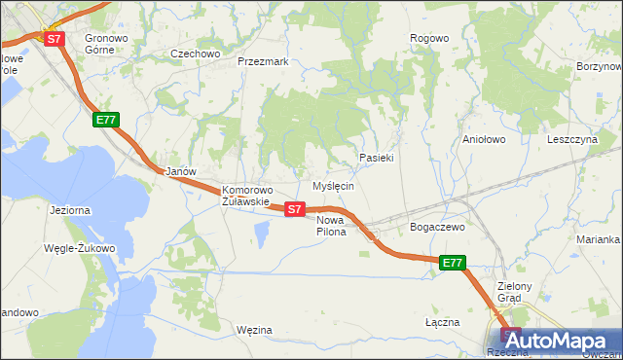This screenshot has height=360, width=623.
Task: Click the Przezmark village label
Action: (x=263, y=60)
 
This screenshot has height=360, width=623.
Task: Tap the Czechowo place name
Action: (x=195, y=54)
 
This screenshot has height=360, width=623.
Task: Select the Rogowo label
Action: (x=429, y=38)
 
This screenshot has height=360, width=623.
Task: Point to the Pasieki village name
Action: (x=376, y=157)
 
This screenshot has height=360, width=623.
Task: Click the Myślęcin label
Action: (x=332, y=185)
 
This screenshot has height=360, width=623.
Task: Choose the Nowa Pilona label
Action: (x=331, y=226)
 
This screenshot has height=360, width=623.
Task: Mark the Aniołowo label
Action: (x=485, y=139)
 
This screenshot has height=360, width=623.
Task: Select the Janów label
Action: (x=181, y=171)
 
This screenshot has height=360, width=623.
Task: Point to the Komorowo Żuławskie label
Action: (x=247, y=196)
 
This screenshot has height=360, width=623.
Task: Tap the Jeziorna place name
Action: (x=69, y=209)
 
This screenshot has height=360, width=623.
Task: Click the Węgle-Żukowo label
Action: (x=79, y=248)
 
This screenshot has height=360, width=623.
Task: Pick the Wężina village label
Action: (x=254, y=330)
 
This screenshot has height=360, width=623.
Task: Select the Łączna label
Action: (x=442, y=320)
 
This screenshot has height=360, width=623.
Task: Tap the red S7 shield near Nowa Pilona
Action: (x=296, y=208)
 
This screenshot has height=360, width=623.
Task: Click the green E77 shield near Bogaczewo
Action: (x=453, y=263)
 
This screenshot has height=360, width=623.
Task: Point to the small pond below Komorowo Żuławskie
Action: (x=261, y=233)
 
